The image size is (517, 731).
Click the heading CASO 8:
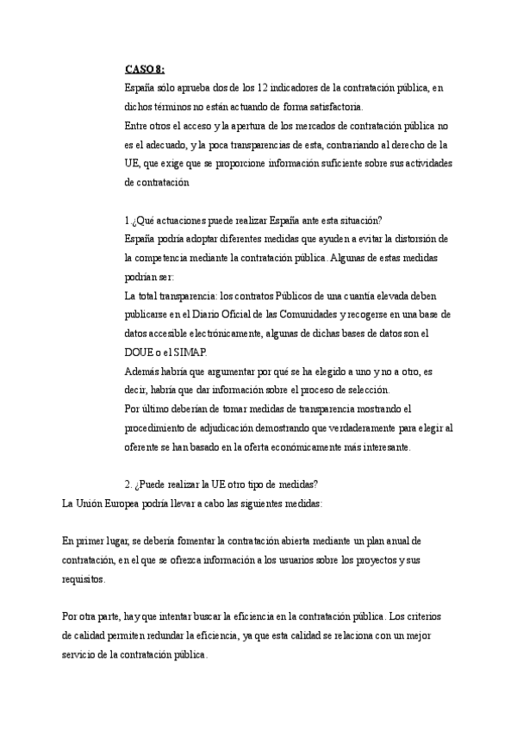click(145, 69)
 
